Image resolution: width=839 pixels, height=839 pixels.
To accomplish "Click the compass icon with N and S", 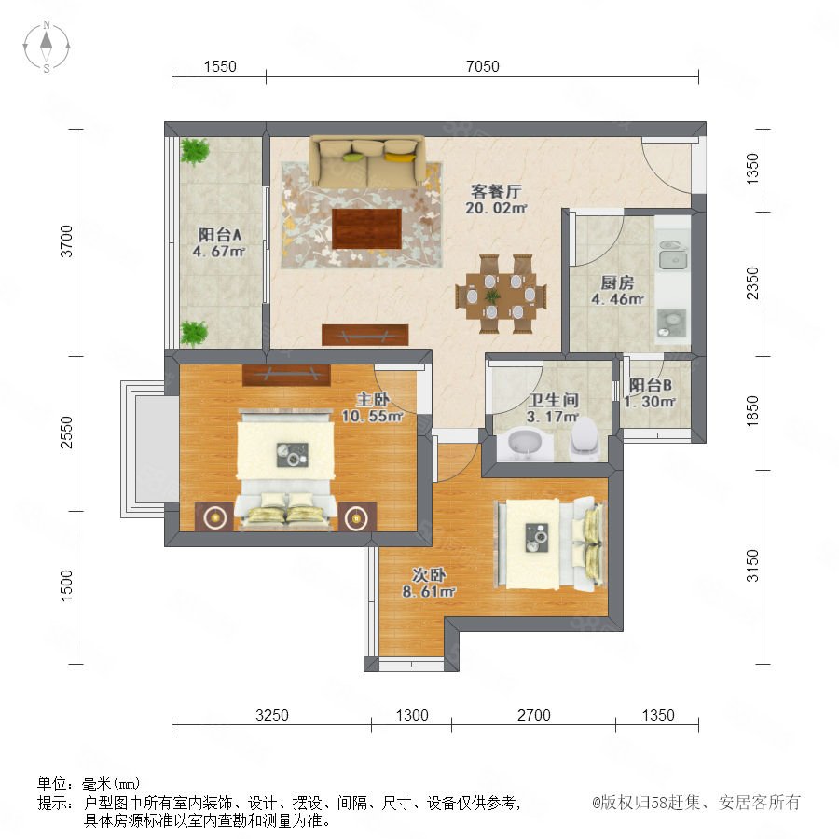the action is click(47, 47).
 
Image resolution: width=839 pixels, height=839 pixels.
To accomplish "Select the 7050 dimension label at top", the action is click(482, 66).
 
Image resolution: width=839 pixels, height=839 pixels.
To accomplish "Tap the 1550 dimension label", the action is click(220, 66).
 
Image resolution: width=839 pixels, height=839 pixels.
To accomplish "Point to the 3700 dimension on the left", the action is click(66, 241).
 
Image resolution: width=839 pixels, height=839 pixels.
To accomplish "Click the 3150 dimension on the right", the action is click(752, 565).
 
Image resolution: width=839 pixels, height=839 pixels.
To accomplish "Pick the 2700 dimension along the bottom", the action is click(533, 715).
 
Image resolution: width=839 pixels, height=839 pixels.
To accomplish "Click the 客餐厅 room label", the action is click(496, 191).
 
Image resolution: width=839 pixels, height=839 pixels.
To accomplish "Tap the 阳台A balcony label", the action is click(220, 234).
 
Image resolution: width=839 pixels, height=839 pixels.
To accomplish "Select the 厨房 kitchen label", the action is click(617, 282).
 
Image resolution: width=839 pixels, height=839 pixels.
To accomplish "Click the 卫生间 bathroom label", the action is click(553, 400).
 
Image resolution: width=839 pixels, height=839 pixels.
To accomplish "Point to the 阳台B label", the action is click(650, 385).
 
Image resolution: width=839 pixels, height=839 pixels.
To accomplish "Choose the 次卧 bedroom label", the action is click(429, 574).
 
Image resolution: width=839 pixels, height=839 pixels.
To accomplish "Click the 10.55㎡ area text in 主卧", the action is click(372, 416).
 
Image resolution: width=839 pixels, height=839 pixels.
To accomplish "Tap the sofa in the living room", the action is click(367, 160).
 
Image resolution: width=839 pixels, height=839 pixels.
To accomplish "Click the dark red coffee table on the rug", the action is click(367, 229).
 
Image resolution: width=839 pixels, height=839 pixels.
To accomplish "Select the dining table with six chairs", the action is click(501, 294).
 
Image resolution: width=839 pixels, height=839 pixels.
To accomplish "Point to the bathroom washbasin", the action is click(525, 444).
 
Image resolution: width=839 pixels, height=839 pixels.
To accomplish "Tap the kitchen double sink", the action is click(673, 254).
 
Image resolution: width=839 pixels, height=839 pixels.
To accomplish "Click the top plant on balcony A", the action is click(194, 150).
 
